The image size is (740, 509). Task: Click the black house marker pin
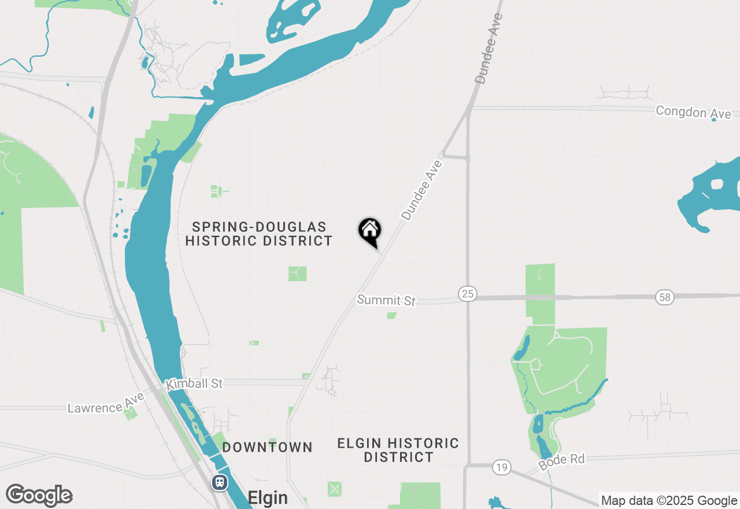coord(370,231)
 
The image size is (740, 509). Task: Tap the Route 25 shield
coord(468,294)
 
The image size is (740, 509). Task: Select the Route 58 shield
coord(665,297)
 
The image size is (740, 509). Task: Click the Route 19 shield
coord(501,467)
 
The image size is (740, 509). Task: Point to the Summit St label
coord(386,300)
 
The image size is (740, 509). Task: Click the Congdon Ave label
coord(693,112)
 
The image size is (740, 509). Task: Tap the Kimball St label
coord(194,384)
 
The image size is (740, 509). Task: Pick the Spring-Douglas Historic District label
coord(259,234)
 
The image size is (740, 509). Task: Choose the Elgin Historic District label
coord(398,450)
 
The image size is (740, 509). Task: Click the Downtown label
coord(268,447)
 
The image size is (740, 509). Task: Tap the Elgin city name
coord(267,497)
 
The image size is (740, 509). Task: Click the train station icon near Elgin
coord(220,482)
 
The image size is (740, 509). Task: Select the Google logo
coord(39,495)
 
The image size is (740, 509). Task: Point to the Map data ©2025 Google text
coord(669,501)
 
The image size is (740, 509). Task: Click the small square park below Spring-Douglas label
coord(297,274)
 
